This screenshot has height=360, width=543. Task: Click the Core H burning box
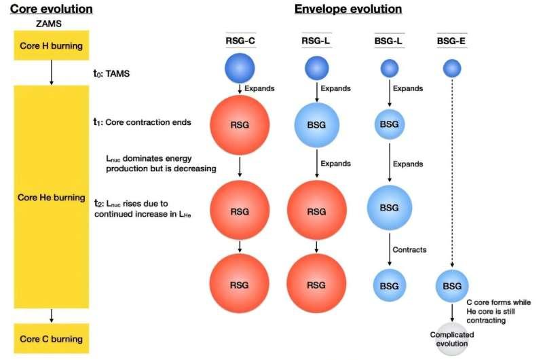click(x=52, y=46)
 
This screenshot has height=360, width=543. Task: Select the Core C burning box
click(x=52, y=338)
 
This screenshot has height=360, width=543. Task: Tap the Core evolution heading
click(x=52, y=9)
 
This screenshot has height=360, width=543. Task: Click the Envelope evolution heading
click(x=348, y=9)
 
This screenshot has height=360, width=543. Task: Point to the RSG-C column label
click(x=240, y=41)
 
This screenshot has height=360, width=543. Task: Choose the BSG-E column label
click(x=451, y=41)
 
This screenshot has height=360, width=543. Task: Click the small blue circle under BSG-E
click(x=452, y=68)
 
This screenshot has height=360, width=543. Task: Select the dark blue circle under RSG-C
click(x=240, y=68)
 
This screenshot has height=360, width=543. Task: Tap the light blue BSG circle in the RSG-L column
click(x=317, y=125)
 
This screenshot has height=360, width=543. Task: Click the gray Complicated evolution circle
click(x=452, y=339)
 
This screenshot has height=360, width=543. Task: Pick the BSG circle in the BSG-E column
click(x=452, y=286)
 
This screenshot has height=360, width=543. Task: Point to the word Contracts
click(x=409, y=250)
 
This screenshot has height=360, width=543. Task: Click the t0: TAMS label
click(x=111, y=73)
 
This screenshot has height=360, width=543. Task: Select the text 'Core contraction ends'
click(x=148, y=122)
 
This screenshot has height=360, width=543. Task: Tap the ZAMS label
click(x=49, y=24)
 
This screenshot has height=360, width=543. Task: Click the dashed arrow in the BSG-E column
click(x=452, y=173)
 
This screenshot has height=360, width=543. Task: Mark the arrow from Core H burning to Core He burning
click(x=52, y=73)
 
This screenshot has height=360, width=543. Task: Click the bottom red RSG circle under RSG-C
click(x=240, y=283)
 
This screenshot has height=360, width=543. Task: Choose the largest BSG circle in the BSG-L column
click(x=390, y=208)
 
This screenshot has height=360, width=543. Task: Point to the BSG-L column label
click(x=388, y=41)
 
